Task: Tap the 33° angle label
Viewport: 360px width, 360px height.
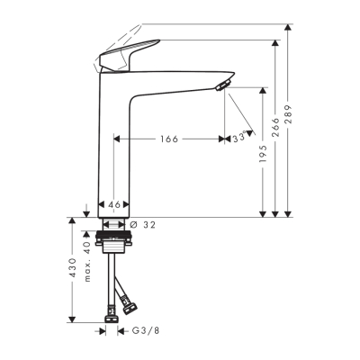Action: tap(239, 139)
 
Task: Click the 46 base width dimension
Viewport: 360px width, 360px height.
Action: tap(114, 205)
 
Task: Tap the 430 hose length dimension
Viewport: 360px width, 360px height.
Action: tap(72, 271)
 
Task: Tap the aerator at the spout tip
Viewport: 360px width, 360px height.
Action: tap(223, 86)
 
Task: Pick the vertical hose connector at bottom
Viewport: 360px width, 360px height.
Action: tap(112, 314)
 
